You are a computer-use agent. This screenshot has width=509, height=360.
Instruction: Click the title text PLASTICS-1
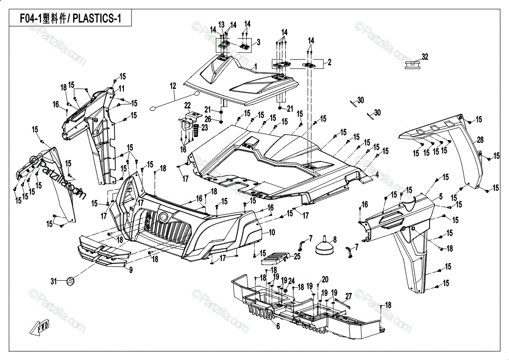click(97, 19)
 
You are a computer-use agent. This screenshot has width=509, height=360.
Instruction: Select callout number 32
click(425, 57)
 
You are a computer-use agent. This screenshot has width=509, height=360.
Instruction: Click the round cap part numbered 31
click(70, 281)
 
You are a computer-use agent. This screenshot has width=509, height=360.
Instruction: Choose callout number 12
click(173, 86)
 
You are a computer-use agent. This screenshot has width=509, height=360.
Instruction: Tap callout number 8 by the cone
click(335, 240)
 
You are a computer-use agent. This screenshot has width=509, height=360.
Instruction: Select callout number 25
click(297, 257)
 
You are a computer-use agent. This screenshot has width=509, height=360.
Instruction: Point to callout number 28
click(480, 140)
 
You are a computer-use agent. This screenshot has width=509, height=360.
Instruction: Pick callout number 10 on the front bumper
click(272, 232)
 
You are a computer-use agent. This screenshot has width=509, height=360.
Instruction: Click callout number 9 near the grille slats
click(131, 270)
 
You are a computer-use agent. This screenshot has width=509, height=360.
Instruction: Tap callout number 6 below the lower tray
click(278, 326)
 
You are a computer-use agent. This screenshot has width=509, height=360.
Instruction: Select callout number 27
click(348, 296)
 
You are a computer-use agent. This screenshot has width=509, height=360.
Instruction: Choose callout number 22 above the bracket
click(188, 105)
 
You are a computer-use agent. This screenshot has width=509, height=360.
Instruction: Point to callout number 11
click(121, 88)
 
